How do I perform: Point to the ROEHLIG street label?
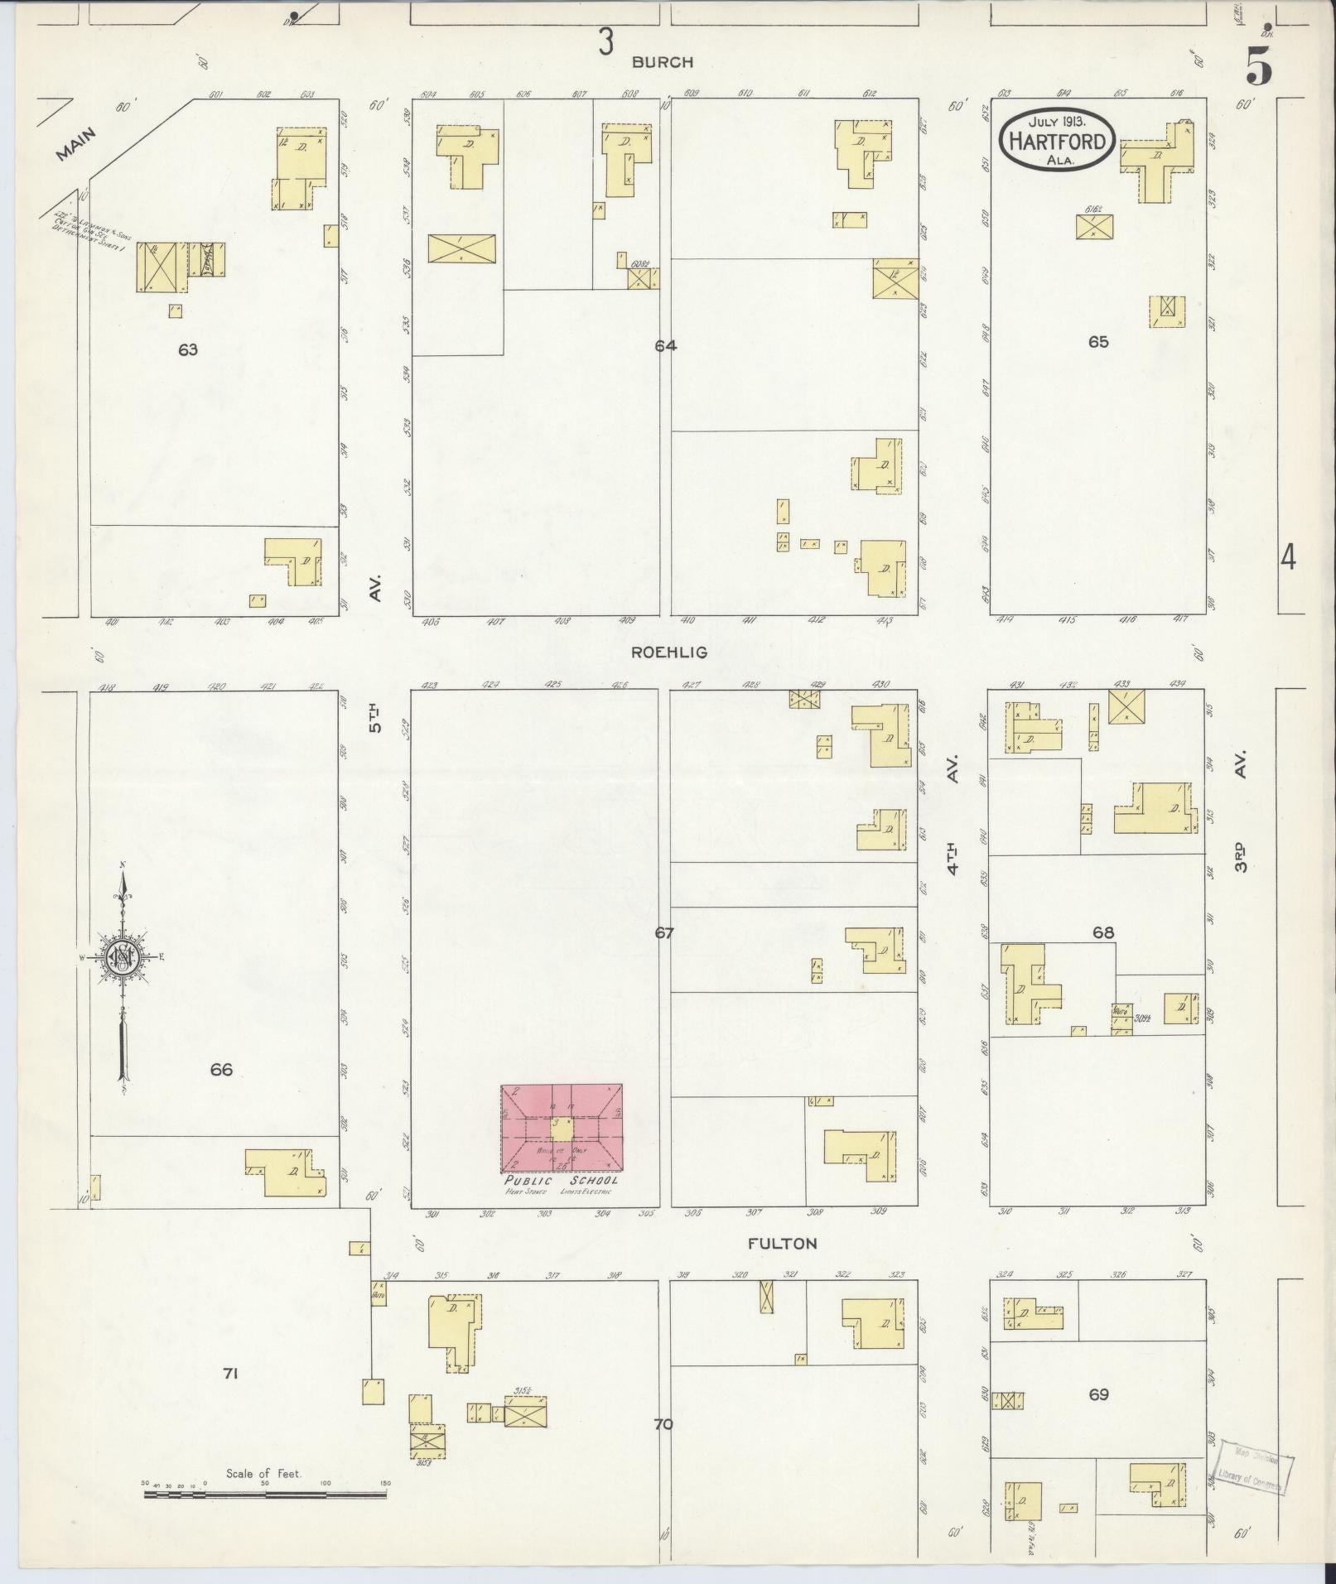point(669,652)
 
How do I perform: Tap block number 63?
point(188,349)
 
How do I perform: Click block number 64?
point(665,346)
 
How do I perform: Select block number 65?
point(1098,341)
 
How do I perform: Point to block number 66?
point(221,1070)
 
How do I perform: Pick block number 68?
point(1102,932)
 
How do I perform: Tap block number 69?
point(1098,1394)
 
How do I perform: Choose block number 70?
point(663,1424)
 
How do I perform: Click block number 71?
point(230,1374)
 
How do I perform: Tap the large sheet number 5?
point(1259,68)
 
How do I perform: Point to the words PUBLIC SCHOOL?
point(562,1181)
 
